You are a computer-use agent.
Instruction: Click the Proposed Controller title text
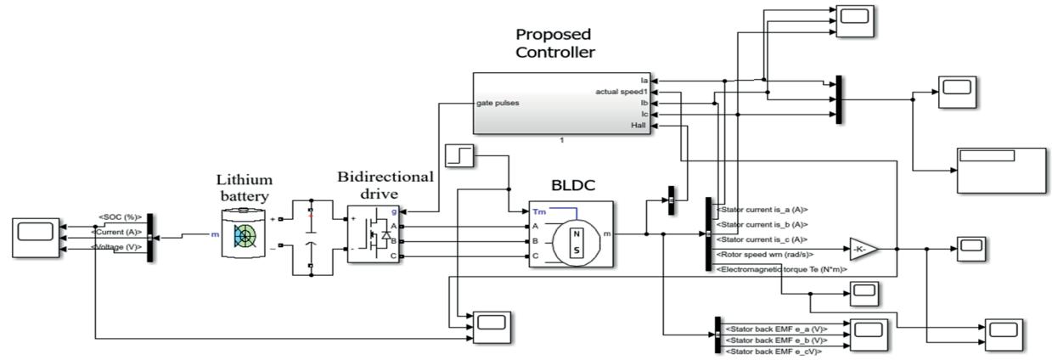555,43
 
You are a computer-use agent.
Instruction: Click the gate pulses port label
498,103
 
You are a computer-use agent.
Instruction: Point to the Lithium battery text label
244,188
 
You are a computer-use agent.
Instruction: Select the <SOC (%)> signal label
120,217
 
